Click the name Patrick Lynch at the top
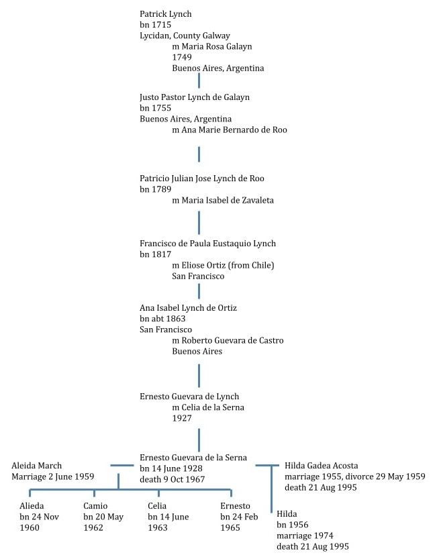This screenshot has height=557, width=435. coord(166,14)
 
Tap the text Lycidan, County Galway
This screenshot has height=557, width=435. coord(185,36)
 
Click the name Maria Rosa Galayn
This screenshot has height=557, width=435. coord(217,46)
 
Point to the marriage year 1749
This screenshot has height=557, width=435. coord(182,57)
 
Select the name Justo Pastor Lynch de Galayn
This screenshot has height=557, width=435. coord(195,97)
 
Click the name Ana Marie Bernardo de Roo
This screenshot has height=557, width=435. coord(234,130)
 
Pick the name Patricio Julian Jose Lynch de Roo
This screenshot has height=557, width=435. coord(202,179)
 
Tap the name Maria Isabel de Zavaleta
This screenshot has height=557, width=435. coord(228,201)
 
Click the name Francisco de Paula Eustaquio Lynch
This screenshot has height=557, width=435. coord(208,244)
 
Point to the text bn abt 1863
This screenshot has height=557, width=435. coord(162,319)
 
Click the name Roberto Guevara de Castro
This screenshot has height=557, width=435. coord(233,341)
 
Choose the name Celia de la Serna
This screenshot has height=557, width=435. coord(213,407)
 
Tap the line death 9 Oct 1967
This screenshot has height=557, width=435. coord(173,480)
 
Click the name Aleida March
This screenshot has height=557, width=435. coord(37,466)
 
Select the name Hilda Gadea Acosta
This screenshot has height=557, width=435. coord(322,466)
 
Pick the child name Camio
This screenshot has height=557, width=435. coord(95,506)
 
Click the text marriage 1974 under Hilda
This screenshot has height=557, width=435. coord(305,536)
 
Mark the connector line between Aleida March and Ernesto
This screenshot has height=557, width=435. coord(122,465)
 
